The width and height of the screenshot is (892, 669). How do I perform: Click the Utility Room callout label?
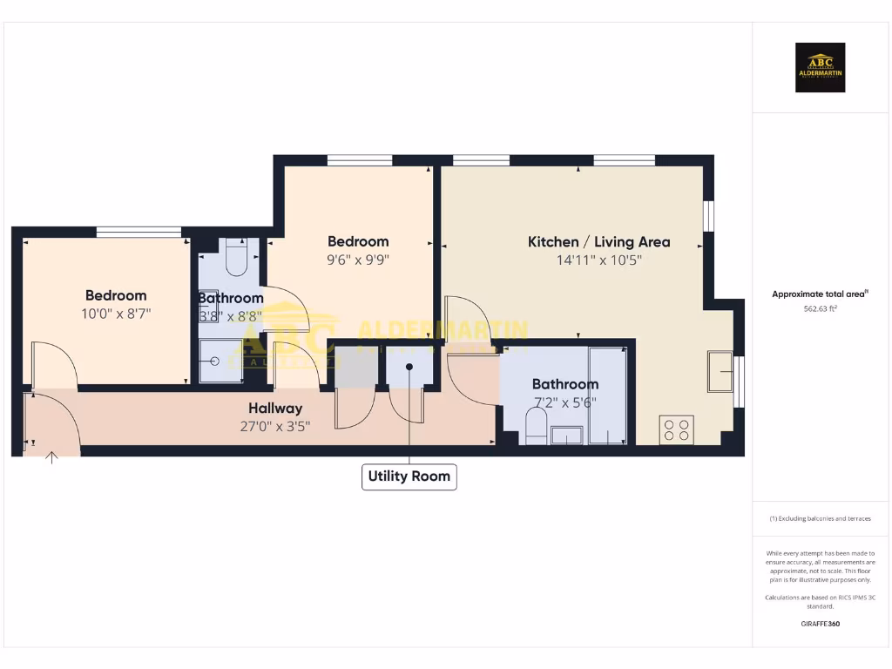pos(409,476)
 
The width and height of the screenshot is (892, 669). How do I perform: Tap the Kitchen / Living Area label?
pos(598,242)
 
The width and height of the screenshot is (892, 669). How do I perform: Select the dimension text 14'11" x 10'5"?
pos(598,260)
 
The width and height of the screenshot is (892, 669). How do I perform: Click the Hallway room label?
pos(275,408)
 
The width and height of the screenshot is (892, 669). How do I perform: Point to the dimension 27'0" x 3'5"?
pos(275,425)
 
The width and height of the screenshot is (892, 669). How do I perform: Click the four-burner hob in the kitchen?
pos(676,430)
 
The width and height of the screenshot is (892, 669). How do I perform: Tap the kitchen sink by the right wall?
pos(720,372)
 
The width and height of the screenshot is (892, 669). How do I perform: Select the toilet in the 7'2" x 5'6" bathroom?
pos(536,427)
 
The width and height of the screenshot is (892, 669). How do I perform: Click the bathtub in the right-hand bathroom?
pos(607,396)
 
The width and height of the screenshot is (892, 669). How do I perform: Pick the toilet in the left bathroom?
pos(237,256)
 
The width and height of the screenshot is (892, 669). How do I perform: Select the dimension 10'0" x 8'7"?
pos(116,314)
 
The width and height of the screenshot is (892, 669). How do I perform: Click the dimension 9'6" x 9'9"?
pos(358,260)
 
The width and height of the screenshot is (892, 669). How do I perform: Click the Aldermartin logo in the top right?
pos(821,67)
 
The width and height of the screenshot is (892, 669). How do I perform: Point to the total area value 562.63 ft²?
pos(820,308)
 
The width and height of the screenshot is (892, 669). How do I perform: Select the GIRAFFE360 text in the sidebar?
pos(820,624)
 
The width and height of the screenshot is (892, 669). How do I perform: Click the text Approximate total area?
pos(819,294)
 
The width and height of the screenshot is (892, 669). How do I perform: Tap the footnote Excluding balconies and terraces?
pos(820,518)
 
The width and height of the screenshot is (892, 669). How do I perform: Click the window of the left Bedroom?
pos(139,232)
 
